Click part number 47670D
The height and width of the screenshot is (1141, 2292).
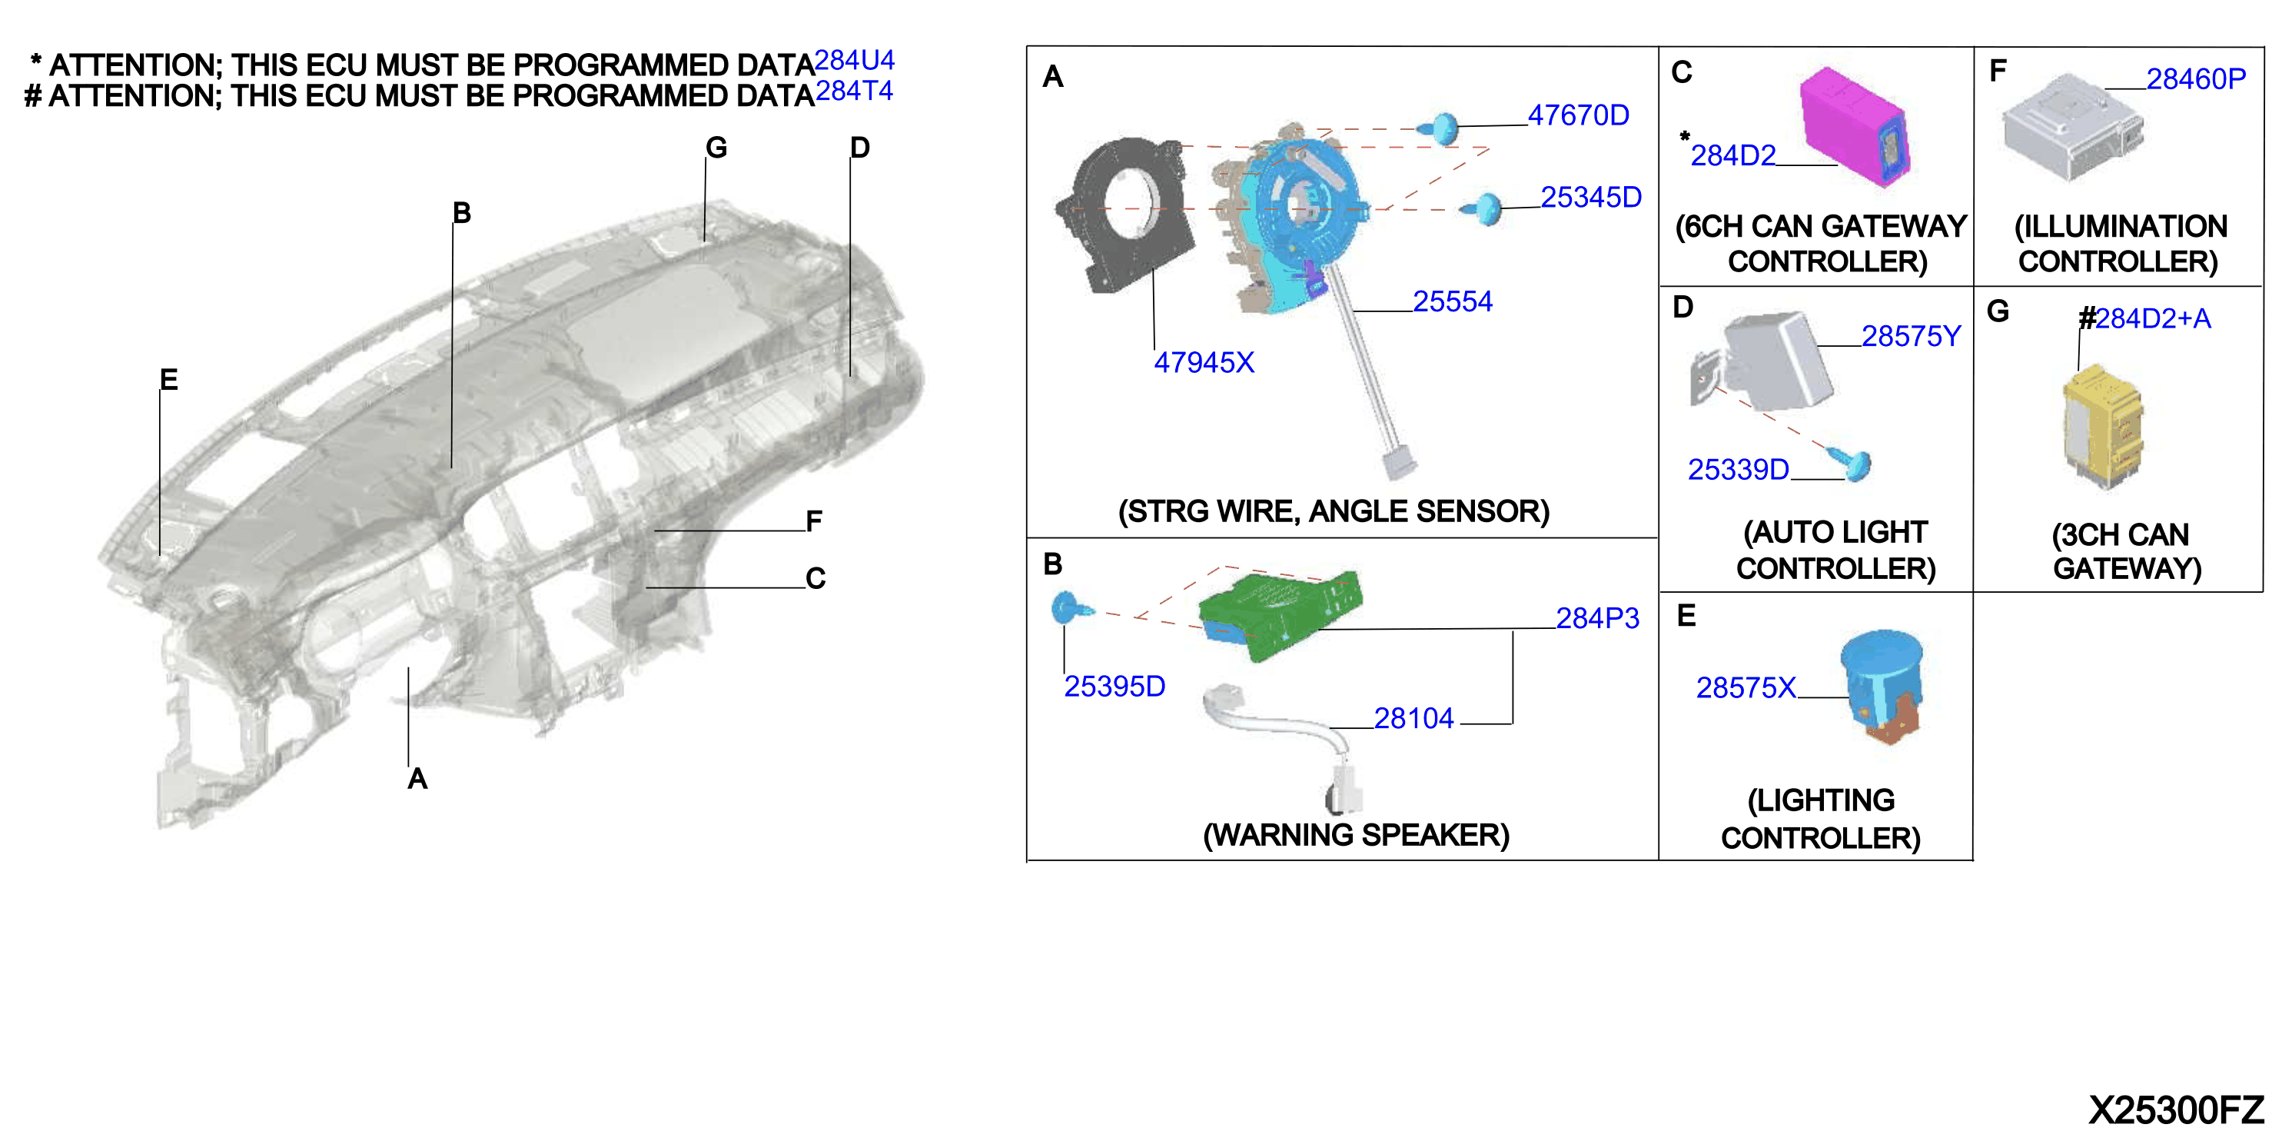[x=1579, y=115]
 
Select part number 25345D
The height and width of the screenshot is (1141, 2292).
[x=1591, y=197]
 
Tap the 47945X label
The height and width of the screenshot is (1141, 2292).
[x=1204, y=362]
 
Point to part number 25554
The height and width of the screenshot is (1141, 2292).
[x=1452, y=301]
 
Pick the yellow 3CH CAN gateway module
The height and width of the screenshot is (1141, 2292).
[x=2102, y=425]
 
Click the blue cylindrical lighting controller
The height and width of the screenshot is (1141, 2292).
[x=1882, y=685]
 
